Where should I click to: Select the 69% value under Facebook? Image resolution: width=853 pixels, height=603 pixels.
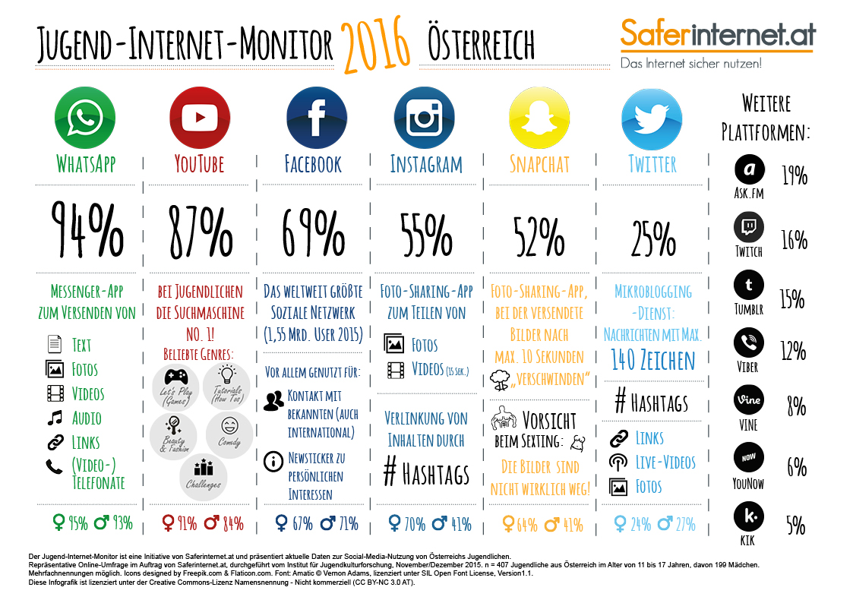312,229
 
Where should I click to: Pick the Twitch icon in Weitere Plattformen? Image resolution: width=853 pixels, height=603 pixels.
749,226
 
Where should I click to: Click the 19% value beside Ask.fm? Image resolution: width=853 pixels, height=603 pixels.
795,176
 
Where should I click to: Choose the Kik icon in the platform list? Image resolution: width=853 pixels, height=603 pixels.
749,516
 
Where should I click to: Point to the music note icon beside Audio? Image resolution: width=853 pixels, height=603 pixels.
54,418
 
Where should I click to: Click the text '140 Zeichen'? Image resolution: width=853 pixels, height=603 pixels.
652,360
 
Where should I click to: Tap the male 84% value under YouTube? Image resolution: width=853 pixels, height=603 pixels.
226,523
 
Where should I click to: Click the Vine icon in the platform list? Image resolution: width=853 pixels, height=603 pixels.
749,399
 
